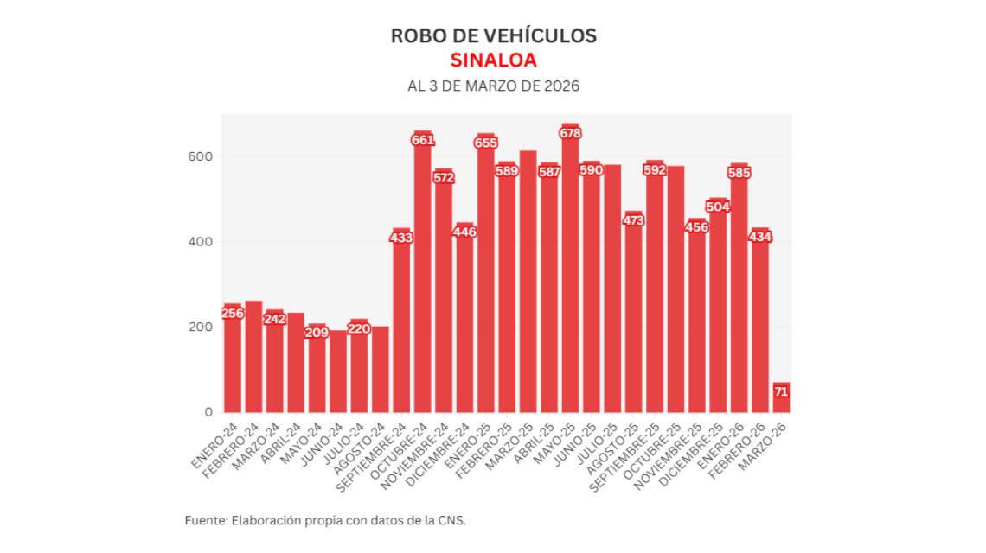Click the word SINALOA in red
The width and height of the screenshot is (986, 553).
pos(493,60)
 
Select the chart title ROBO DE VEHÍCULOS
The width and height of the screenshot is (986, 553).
pos(493,36)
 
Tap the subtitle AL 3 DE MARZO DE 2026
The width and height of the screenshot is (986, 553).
pos(493,86)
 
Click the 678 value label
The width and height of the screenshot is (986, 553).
pos(570,133)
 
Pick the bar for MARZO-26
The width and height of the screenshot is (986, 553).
pos(781,398)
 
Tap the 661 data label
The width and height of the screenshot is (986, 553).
pos(422,140)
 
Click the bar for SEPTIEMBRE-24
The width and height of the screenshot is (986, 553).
pos(401,324)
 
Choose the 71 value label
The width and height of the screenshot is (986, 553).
pos(781,392)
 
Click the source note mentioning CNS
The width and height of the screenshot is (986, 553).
pos(325,520)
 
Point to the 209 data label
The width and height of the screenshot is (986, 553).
pos(317,333)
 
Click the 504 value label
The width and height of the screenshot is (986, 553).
pos(718,207)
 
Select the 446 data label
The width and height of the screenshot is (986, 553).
pos(464,232)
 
